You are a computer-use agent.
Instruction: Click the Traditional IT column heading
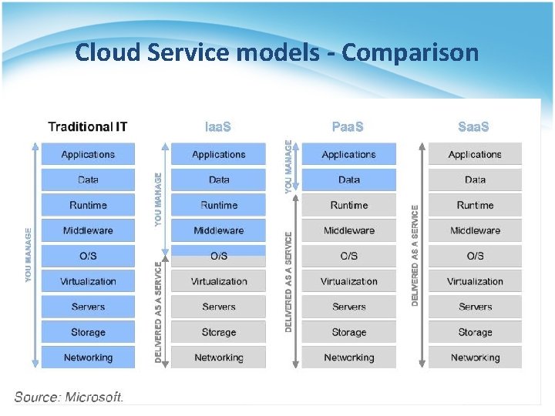tap(87, 127)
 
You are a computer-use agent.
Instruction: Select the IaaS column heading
tap(218, 127)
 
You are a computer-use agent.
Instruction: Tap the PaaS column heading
tap(348, 127)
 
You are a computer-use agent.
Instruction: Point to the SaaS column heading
tap(473, 127)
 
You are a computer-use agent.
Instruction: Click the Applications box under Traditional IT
tap(88, 154)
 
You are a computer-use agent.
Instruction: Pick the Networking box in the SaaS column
tap(475, 357)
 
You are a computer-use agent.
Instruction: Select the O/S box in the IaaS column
tap(219, 256)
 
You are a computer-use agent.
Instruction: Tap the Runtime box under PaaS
tap(348, 205)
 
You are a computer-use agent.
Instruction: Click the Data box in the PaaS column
tap(348, 179)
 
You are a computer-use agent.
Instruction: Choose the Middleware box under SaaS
tap(475, 230)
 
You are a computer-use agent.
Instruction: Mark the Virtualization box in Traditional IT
tap(88, 281)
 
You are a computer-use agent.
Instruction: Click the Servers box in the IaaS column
tap(219, 307)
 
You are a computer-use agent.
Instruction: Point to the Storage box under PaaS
tap(348, 332)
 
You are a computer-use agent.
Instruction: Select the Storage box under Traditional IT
tap(88, 332)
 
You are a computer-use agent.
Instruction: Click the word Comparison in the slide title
tap(410, 52)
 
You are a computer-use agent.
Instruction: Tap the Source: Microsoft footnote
tap(69, 397)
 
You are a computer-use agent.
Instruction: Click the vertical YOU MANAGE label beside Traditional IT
tap(29, 253)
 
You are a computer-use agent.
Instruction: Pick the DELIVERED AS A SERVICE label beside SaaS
tap(415, 255)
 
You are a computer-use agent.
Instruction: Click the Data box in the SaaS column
tap(475, 179)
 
